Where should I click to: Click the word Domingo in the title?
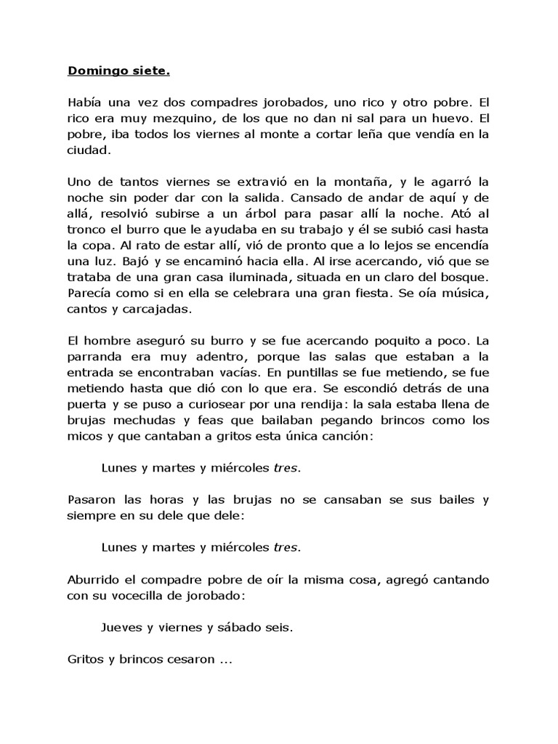coord(93,70)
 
